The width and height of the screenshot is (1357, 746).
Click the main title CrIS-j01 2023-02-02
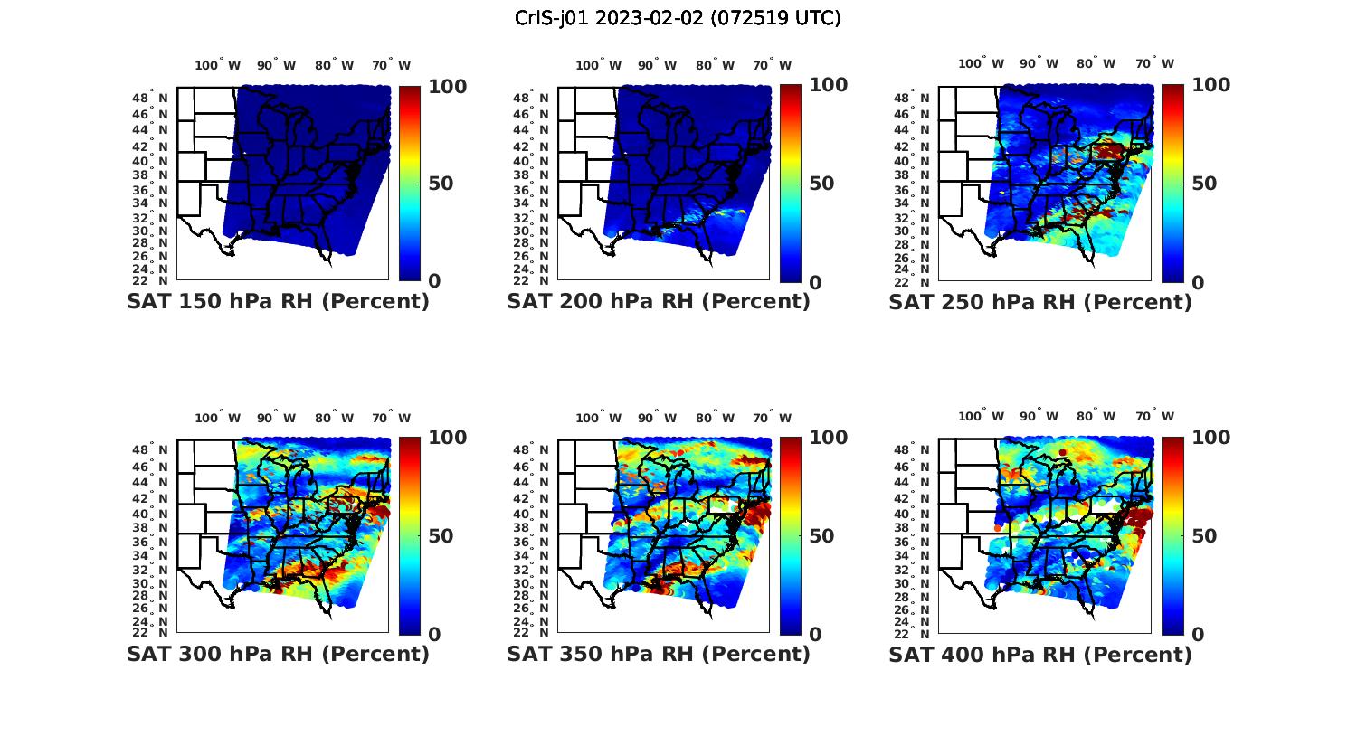tap(678, 18)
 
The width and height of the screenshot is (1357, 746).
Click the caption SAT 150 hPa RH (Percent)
tap(278, 302)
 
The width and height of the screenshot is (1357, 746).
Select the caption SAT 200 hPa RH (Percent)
tap(659, 302)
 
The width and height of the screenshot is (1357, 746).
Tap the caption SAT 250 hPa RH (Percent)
tap(1040, 302)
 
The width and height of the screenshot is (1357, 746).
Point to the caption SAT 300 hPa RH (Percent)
tap(278, 654)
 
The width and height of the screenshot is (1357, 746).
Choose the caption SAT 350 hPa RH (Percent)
tap(659, 654)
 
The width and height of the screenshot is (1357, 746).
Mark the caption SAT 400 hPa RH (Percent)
tap(1040, 654)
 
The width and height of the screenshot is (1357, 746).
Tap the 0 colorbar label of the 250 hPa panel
tap(1198, 283)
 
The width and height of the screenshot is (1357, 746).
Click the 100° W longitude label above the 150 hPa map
tap(218, 65)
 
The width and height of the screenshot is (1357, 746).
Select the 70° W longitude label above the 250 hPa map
tap(1155, 63)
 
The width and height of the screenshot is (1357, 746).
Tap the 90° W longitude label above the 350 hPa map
tap(657, 418)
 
